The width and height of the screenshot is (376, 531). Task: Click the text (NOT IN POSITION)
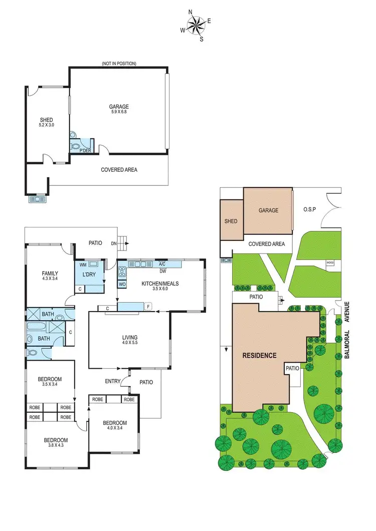point(119,64)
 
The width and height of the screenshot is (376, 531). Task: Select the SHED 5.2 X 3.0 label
point(46,122)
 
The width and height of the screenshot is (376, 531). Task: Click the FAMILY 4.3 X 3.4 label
point(50,276)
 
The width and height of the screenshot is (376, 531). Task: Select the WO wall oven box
point(122,285)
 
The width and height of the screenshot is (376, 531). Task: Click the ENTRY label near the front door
point(113,381)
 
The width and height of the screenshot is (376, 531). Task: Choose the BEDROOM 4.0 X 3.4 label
point(115,425)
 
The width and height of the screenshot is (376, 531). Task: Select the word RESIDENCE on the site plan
point(259,356)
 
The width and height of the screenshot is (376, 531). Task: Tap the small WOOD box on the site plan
point(329,262)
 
